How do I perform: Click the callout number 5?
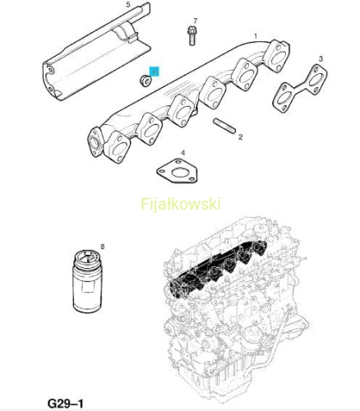[x=128, y=5]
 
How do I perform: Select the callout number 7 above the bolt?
[x=195, y=21]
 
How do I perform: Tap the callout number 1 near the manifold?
[x=256, y=36]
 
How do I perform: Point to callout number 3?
[x=321, y=58]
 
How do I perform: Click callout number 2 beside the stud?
[x=240, y=136]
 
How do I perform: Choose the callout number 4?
[x=182, y=153]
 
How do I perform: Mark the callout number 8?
[x=103, y=247]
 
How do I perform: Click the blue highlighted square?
[x=154, y=72]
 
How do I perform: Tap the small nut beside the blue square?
[x=145, y=81]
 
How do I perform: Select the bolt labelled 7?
[x=192, y=35]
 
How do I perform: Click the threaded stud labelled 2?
[x=224, y=126]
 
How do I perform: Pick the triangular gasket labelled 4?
[x=178, y=171]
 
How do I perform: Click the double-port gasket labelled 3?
[x=300, y=88]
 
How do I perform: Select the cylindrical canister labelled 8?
[x=88, y=281]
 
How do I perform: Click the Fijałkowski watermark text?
[x=181, y=204]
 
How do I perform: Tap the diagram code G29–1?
[x=65, y=404]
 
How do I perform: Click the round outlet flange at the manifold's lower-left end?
[x=95, y=142]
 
